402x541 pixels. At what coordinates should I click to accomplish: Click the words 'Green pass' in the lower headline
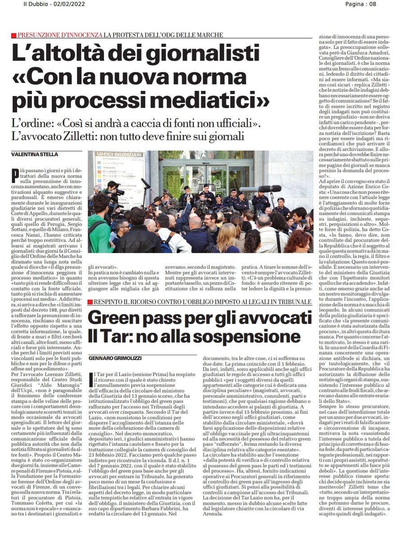(x=133, y=318)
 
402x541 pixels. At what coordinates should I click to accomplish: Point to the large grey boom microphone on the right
(x=269, y=188)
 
